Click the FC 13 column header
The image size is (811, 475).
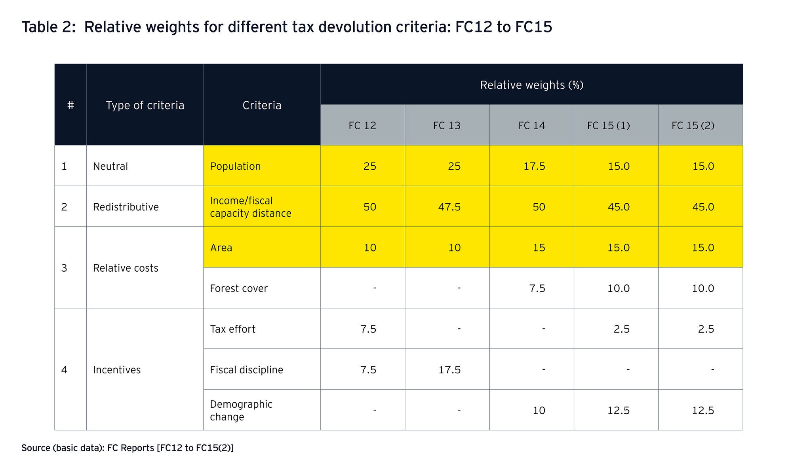click(x=447, y=126)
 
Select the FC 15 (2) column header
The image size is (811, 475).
click(x=693, y=126)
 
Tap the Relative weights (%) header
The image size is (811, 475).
click(x=531, y=85)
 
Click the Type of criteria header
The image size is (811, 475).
click(x=145, y=106)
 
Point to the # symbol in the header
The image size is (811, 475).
click(x=70, y=106)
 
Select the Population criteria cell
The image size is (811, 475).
click(x=235, y=167)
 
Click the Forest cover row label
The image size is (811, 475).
click(x=238, y=289)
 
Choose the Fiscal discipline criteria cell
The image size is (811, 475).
click(x=246, y=370)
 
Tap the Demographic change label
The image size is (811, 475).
click(x=241, y=411)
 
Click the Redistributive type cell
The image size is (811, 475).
click(x=126, y=207)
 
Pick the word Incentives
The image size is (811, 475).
click(x=116, y=370)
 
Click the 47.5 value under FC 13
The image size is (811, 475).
click(x=449, y=207)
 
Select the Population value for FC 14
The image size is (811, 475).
click(x=534, y=167)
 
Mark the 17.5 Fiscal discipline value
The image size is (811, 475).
click(x=449, y=370)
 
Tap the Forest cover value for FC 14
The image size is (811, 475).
click(x=537, y=289)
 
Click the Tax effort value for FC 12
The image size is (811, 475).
click(x=368, y=329)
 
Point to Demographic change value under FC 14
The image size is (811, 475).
click(x=539, y=411)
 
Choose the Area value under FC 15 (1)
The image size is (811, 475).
click(x=619, y=248)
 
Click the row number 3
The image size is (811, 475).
click(x=64, y=268)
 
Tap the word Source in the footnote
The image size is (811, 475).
click(x=35, y=448)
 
